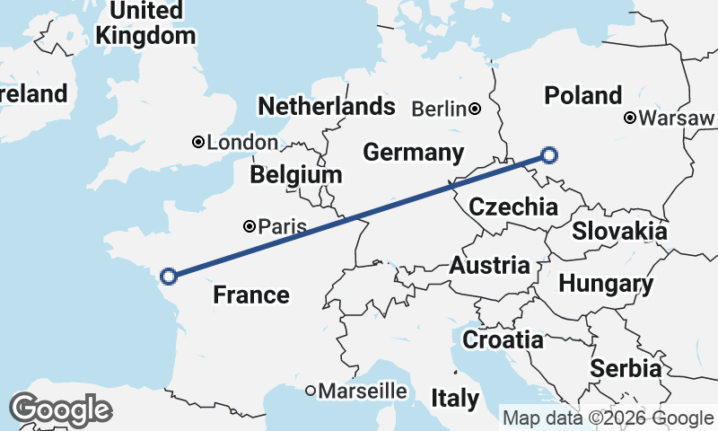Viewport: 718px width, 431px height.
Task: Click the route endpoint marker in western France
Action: [x=168, y=276]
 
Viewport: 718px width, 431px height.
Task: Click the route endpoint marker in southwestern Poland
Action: [x=549, y=155]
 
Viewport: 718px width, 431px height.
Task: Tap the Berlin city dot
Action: [x=474, y=110]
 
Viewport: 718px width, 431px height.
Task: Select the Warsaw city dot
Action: [x=631, y=118]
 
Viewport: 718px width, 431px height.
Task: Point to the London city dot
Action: [x=198, y=142]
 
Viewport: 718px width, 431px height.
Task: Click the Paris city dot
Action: [x=250, y=226]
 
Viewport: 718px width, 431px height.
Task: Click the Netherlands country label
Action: [x=326, y=106]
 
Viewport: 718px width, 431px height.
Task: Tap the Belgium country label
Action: [x=296, y=174]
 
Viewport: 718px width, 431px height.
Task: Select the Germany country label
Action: [x=413, y=152]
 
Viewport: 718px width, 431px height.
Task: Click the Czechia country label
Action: [x=513, y=207]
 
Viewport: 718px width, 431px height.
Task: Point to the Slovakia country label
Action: [x=619, y=231]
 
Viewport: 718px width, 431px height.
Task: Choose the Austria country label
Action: [x=489, y=265]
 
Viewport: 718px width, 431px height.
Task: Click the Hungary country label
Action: [x=606, y=284]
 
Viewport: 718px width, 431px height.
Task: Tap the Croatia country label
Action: [x=503, y=339]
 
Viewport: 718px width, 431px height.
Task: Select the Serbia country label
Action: [x=626, y=368]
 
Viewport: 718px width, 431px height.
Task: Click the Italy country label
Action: [x=454, y=398]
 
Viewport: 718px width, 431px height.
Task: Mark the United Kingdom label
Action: [x=145, y=23]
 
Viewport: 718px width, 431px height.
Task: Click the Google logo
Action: [x=60, y=409]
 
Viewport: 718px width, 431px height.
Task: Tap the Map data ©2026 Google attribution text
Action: [x=608, y=418]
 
